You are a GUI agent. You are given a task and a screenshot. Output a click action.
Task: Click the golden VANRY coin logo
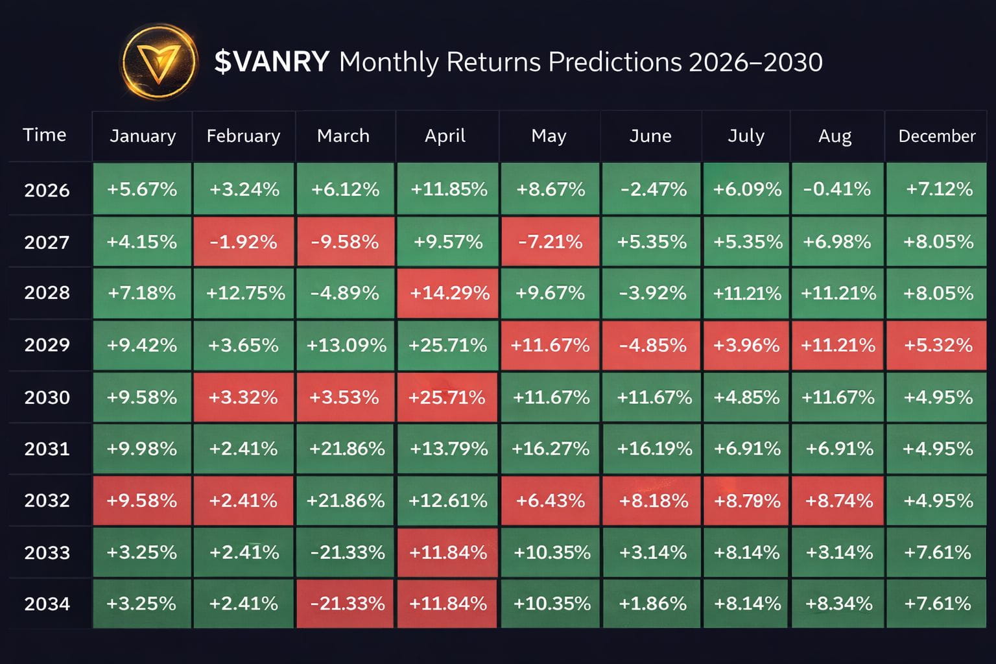159,62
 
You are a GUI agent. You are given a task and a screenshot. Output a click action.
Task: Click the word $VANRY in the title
272,62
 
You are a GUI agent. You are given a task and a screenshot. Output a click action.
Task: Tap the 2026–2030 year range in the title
755,62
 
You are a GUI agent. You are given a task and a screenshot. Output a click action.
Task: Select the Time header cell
45,135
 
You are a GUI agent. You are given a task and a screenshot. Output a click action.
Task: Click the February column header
244,136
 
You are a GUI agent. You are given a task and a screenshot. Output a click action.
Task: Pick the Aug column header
835,136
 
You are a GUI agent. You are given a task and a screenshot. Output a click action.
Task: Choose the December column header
937,136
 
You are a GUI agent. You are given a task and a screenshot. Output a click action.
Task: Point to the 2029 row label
47,345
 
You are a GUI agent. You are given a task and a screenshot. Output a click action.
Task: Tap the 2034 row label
47,604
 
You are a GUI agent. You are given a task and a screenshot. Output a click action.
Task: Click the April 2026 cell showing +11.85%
448,189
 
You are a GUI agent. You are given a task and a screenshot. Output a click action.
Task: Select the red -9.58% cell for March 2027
346,241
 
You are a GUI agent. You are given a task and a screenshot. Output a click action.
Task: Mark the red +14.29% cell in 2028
448,293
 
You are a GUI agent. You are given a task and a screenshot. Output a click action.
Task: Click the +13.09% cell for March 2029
346,345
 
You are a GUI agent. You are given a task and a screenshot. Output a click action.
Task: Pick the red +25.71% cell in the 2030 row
447,397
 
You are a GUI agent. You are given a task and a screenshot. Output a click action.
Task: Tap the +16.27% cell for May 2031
551,448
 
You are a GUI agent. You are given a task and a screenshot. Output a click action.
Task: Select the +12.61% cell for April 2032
447,501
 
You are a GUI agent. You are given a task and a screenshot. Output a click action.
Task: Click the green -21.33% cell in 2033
346,552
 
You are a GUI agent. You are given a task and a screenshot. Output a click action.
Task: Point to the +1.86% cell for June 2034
652,604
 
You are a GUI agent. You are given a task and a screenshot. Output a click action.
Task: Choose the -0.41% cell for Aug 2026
837,189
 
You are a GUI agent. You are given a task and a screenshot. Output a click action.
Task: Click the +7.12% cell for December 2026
936,189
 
